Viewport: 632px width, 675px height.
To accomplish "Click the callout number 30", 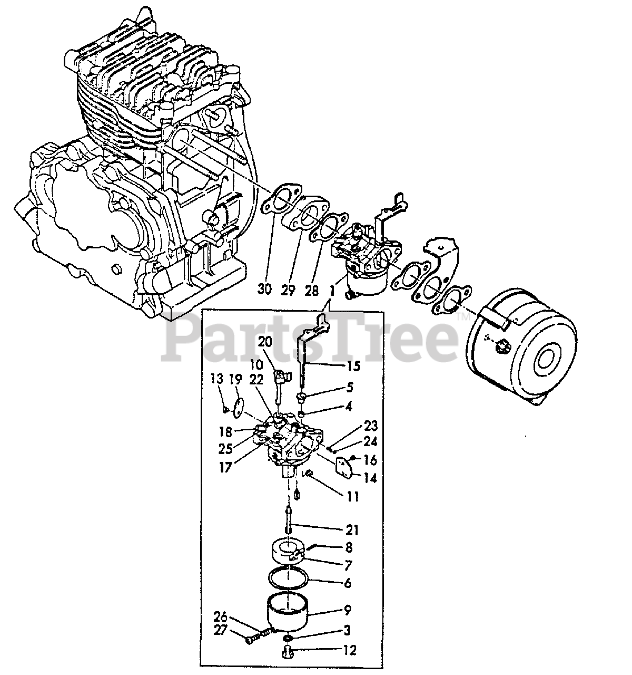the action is (265, 290).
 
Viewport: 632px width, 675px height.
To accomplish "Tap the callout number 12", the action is (349, 650).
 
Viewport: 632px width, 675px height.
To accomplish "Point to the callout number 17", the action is (225, 467).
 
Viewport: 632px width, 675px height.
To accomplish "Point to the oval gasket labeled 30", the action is (279, 200).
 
